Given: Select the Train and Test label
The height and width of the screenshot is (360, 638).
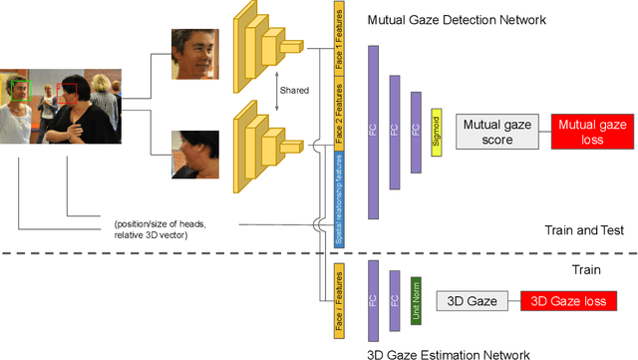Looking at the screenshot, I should coord(584,230).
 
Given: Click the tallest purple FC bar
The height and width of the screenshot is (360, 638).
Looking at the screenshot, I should coord(374,131).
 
